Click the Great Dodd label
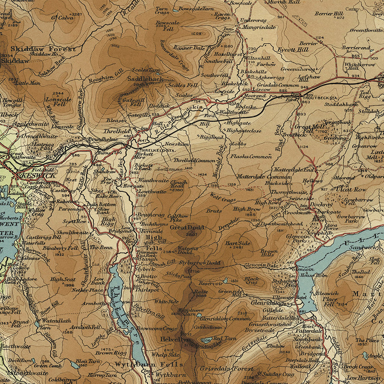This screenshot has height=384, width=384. pos(187,227)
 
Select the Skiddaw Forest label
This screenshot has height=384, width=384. pos(43,49)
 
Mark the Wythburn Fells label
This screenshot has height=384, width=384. pos(148,365)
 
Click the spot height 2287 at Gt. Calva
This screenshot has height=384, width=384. pos(76,15)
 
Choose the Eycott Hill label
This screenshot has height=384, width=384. pos(293,49)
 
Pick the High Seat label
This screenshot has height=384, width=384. pos(63,279)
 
